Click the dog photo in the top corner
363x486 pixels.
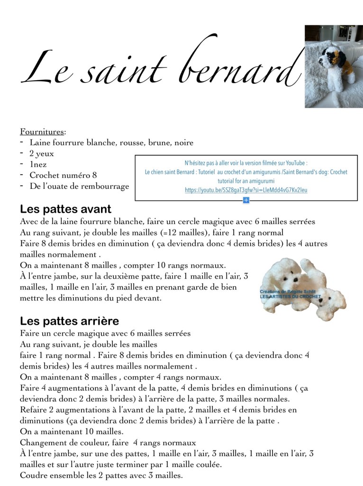[333, 66]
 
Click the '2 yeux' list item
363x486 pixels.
[42, 153]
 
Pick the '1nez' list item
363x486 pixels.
[38, 164]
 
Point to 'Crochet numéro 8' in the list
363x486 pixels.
[63, 175]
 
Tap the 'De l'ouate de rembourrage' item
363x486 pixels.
[79, 186]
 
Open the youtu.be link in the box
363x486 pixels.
[246, 190]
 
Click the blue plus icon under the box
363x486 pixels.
[246, 200]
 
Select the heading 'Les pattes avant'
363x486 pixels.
[65, 209]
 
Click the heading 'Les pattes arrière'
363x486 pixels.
[69, 321]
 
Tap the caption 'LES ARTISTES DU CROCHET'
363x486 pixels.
[290, 297]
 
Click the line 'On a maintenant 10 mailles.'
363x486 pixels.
[72, 431]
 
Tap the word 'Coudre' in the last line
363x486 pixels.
[34, 475]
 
